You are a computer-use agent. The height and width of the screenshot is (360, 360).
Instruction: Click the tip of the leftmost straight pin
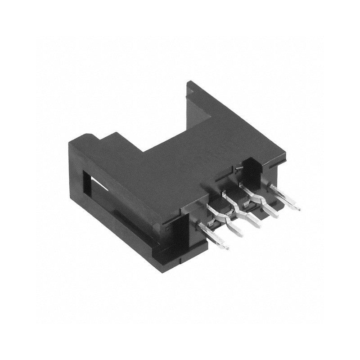pos(226,247)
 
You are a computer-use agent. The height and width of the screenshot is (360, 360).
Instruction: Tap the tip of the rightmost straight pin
pos(298,209)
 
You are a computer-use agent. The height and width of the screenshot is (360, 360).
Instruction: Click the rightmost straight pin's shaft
pos(286,198)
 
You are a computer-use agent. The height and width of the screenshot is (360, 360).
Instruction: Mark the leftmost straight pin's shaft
pos(214,236)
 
